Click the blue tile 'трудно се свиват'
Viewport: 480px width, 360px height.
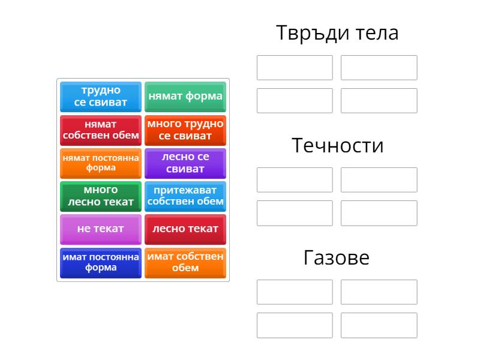[101, 97]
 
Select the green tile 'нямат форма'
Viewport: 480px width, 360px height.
[185, 97]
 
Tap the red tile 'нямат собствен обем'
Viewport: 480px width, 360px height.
[101, 130]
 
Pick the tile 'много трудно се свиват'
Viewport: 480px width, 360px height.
[185, 130]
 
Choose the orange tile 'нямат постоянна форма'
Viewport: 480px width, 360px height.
[101, 163]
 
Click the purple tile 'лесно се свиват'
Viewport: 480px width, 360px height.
[185, 163]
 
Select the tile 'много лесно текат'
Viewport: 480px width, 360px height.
[101, 196]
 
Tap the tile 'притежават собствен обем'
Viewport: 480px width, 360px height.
[185, 196]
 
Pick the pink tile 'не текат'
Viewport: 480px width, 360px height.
[101, 229]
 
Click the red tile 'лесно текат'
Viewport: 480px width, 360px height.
[185, 229]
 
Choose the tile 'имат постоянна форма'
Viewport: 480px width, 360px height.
[101, 263]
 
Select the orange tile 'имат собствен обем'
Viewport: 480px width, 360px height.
[185, 263]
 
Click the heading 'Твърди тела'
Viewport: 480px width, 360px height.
[337, 33]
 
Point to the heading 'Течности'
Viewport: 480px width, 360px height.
[337, 145]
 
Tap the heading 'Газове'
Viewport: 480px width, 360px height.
[337, 257]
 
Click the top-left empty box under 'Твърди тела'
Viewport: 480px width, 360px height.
[295, 68]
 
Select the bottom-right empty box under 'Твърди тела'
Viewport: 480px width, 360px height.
[379, 101]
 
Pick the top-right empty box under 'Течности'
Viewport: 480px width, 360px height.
[379, 179]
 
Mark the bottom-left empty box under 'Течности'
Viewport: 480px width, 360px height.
[295, 213]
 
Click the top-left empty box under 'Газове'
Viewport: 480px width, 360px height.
[295, 292]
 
